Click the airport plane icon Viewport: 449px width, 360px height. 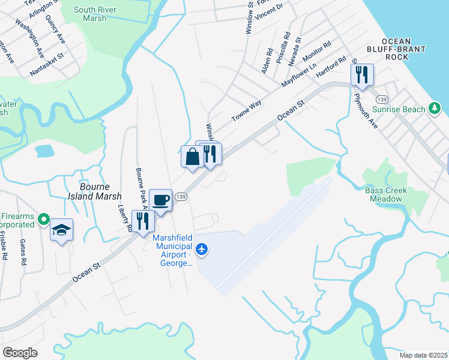click(202, 248)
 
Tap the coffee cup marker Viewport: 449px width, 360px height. click(160, 200)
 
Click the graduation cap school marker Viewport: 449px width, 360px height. click(61, 230)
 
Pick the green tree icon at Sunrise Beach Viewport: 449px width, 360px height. click(435, 109)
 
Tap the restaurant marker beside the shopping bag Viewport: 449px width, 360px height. click(209, 154)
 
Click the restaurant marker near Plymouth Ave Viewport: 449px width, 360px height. click(363, 75)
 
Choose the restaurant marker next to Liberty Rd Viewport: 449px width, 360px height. click(143, 221)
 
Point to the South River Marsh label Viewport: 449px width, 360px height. click(91, 14)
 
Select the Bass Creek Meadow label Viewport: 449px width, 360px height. click(386, 194)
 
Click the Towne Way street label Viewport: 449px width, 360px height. click(247, 111)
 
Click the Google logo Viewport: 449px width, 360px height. click(20, 352)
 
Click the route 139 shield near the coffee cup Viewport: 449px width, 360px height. click(181, 197)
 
